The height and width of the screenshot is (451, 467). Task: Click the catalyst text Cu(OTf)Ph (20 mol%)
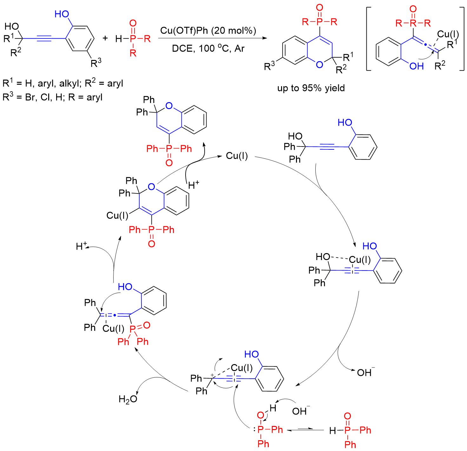pyautogui.click(x=208, y=30)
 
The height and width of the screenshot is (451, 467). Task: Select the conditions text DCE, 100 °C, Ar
pyautogui.click(x=208, y=49)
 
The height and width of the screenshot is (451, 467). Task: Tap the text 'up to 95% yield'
pyautogui.click(x=311, y=88)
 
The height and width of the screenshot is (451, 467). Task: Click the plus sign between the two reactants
pyautogui.click(x=105, y=39)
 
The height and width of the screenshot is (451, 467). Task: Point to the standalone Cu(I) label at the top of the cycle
pyautogui.click(x=237, y=156)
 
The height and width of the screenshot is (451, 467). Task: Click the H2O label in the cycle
pyautogui.click(x=128, y=399)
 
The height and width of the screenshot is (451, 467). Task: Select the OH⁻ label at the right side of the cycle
pyautogui.click(x=365, y=372)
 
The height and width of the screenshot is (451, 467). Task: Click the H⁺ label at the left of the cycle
pyautogui.click(x=82, y=246)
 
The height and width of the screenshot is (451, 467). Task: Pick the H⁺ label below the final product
pyautogui.click(x=194, y=185)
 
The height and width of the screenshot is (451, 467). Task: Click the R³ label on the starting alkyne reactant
pyautogui.click(x=96, y=63)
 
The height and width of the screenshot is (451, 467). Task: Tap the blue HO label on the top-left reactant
pyautogui.click(x=62, y=14)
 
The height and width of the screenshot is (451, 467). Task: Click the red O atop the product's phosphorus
pyautogui.click(x=319, y=8)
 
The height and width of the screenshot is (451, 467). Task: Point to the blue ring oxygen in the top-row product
pyautogui.click(x=319, y=64)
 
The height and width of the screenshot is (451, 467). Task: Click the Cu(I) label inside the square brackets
pyautogui.click(x=448, y=34)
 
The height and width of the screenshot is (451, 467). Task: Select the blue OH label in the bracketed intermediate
pyautogui.click(x=416, y=66)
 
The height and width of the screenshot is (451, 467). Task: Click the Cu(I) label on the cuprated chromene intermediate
pyautogui.click(x=117, y=216)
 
